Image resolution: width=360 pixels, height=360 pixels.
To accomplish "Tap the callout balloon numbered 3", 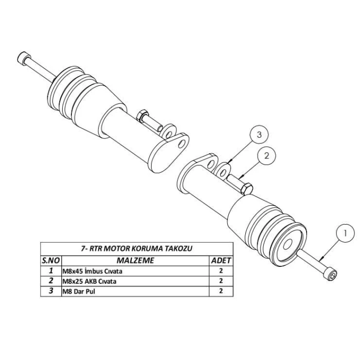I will (260, 136).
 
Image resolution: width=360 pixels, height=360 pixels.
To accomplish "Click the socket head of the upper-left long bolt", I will (23, 57).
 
